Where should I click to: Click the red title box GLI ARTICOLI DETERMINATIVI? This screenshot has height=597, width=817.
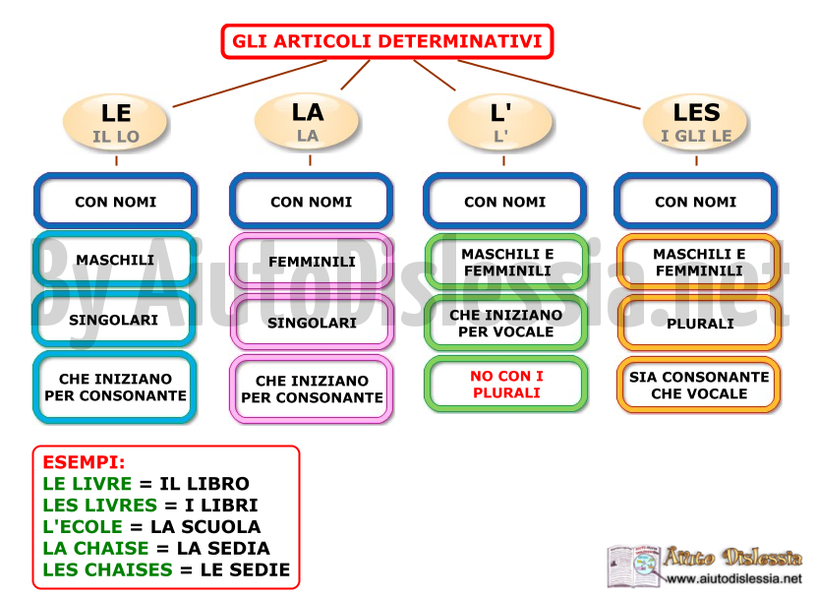(386, 41)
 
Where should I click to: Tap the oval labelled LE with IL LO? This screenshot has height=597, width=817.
(115, 123)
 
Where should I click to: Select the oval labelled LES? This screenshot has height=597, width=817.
(696, 123)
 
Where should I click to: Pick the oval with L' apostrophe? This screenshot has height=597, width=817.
(500, 123)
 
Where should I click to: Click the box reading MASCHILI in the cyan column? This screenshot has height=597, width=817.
(115, 260)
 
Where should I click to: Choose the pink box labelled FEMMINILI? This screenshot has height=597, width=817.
(311, 262)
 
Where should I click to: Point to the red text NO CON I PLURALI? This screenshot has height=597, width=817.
(506, 385)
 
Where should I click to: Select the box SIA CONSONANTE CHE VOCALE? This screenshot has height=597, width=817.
(698, 385)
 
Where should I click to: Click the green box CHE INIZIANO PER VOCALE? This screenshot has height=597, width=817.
(505, 324)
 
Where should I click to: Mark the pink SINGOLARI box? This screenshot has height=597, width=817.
(311, 323)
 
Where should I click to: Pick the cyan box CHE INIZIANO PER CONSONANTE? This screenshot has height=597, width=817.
(115, 387)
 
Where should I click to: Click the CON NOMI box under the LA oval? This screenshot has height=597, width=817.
(311, 202)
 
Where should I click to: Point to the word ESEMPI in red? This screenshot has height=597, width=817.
(84, 462)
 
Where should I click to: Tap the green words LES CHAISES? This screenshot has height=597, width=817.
(107, 569)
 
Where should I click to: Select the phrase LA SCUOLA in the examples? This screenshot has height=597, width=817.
(205, 526)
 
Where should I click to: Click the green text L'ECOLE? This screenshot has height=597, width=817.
(83, 526)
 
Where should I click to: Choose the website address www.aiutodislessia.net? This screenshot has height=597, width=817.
(734, 578)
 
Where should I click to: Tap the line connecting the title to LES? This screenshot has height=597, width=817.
(550, 85)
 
